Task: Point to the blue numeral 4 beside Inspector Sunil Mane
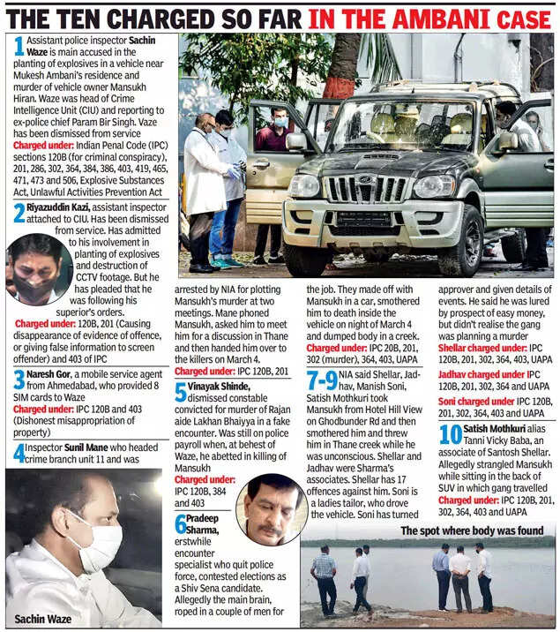[17, 453]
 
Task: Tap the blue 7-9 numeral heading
[321, 381]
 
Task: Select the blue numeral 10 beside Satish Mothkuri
[450, 434]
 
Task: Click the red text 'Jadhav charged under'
[481, 374]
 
